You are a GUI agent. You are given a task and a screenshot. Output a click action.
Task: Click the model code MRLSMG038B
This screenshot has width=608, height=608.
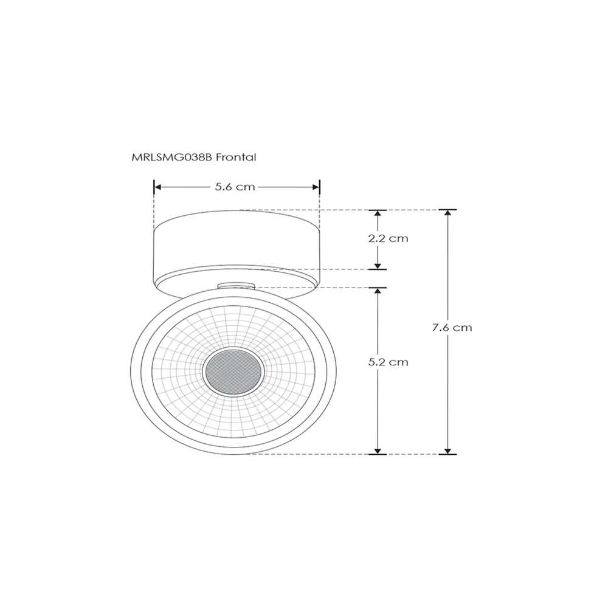[x=173, y=157]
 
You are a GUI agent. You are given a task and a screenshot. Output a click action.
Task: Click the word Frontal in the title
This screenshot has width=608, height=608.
[x=237, y=157]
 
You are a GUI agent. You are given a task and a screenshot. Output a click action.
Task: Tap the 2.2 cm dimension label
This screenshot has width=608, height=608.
[x=388, y=238]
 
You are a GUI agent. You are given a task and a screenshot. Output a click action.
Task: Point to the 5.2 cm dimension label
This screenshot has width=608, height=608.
[x=388, y=362]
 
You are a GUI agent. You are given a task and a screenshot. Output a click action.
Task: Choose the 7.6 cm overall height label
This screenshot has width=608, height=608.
[x=452, y=327]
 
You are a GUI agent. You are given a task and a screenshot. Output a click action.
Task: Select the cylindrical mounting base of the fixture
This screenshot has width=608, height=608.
[x=236, y=246]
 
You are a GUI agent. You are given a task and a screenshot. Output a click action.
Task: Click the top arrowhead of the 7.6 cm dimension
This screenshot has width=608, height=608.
[x=448, y=214]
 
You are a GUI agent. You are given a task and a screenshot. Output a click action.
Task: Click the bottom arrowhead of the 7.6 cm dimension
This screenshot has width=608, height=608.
[x=448, y=450]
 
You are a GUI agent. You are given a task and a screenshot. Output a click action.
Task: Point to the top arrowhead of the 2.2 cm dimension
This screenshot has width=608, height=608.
[x=378, y=214]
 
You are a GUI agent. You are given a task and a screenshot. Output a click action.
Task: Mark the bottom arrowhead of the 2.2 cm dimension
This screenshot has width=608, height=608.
[x=378, y=265]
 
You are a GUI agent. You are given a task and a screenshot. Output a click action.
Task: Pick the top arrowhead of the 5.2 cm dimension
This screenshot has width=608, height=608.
[x=378, y=292]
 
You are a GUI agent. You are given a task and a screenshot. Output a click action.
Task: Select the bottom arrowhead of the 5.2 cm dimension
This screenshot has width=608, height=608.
[x=378, y=450]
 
